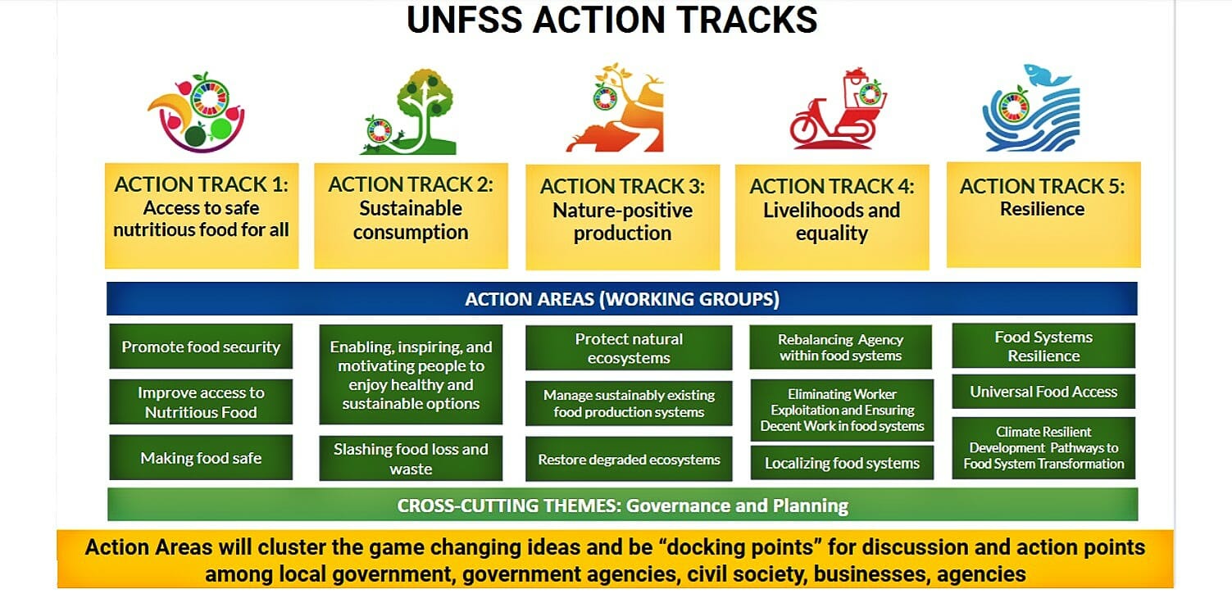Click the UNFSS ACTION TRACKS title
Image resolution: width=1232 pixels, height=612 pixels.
coord(611,20)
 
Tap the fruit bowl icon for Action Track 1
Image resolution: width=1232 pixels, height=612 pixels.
coord(197,112)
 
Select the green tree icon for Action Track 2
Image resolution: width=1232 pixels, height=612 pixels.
coord(411,111)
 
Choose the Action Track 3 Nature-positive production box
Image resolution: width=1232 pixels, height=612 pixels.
coord(623,217)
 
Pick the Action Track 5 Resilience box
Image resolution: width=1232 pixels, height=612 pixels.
coord(1043,215)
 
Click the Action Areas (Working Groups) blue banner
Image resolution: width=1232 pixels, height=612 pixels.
coord(622,298)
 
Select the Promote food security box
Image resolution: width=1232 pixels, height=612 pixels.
coord(201,347)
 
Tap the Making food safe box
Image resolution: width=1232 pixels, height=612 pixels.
coord(201,457)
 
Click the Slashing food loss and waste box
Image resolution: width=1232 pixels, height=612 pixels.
coord(411,459)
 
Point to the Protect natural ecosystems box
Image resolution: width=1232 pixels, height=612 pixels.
coord(629,348)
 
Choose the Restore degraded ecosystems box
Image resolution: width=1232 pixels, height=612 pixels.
coord(629,459)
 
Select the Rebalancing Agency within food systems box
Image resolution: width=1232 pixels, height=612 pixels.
coord(840,347)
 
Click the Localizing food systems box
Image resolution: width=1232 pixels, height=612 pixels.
coord(842,463)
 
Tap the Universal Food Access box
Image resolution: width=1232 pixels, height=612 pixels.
coord(1043,392)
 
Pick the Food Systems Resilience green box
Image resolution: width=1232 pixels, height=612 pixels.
coord(1043,346)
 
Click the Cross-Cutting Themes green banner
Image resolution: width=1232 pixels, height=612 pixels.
coord(623,505)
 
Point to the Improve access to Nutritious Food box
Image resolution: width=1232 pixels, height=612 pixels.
coord(201,402)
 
